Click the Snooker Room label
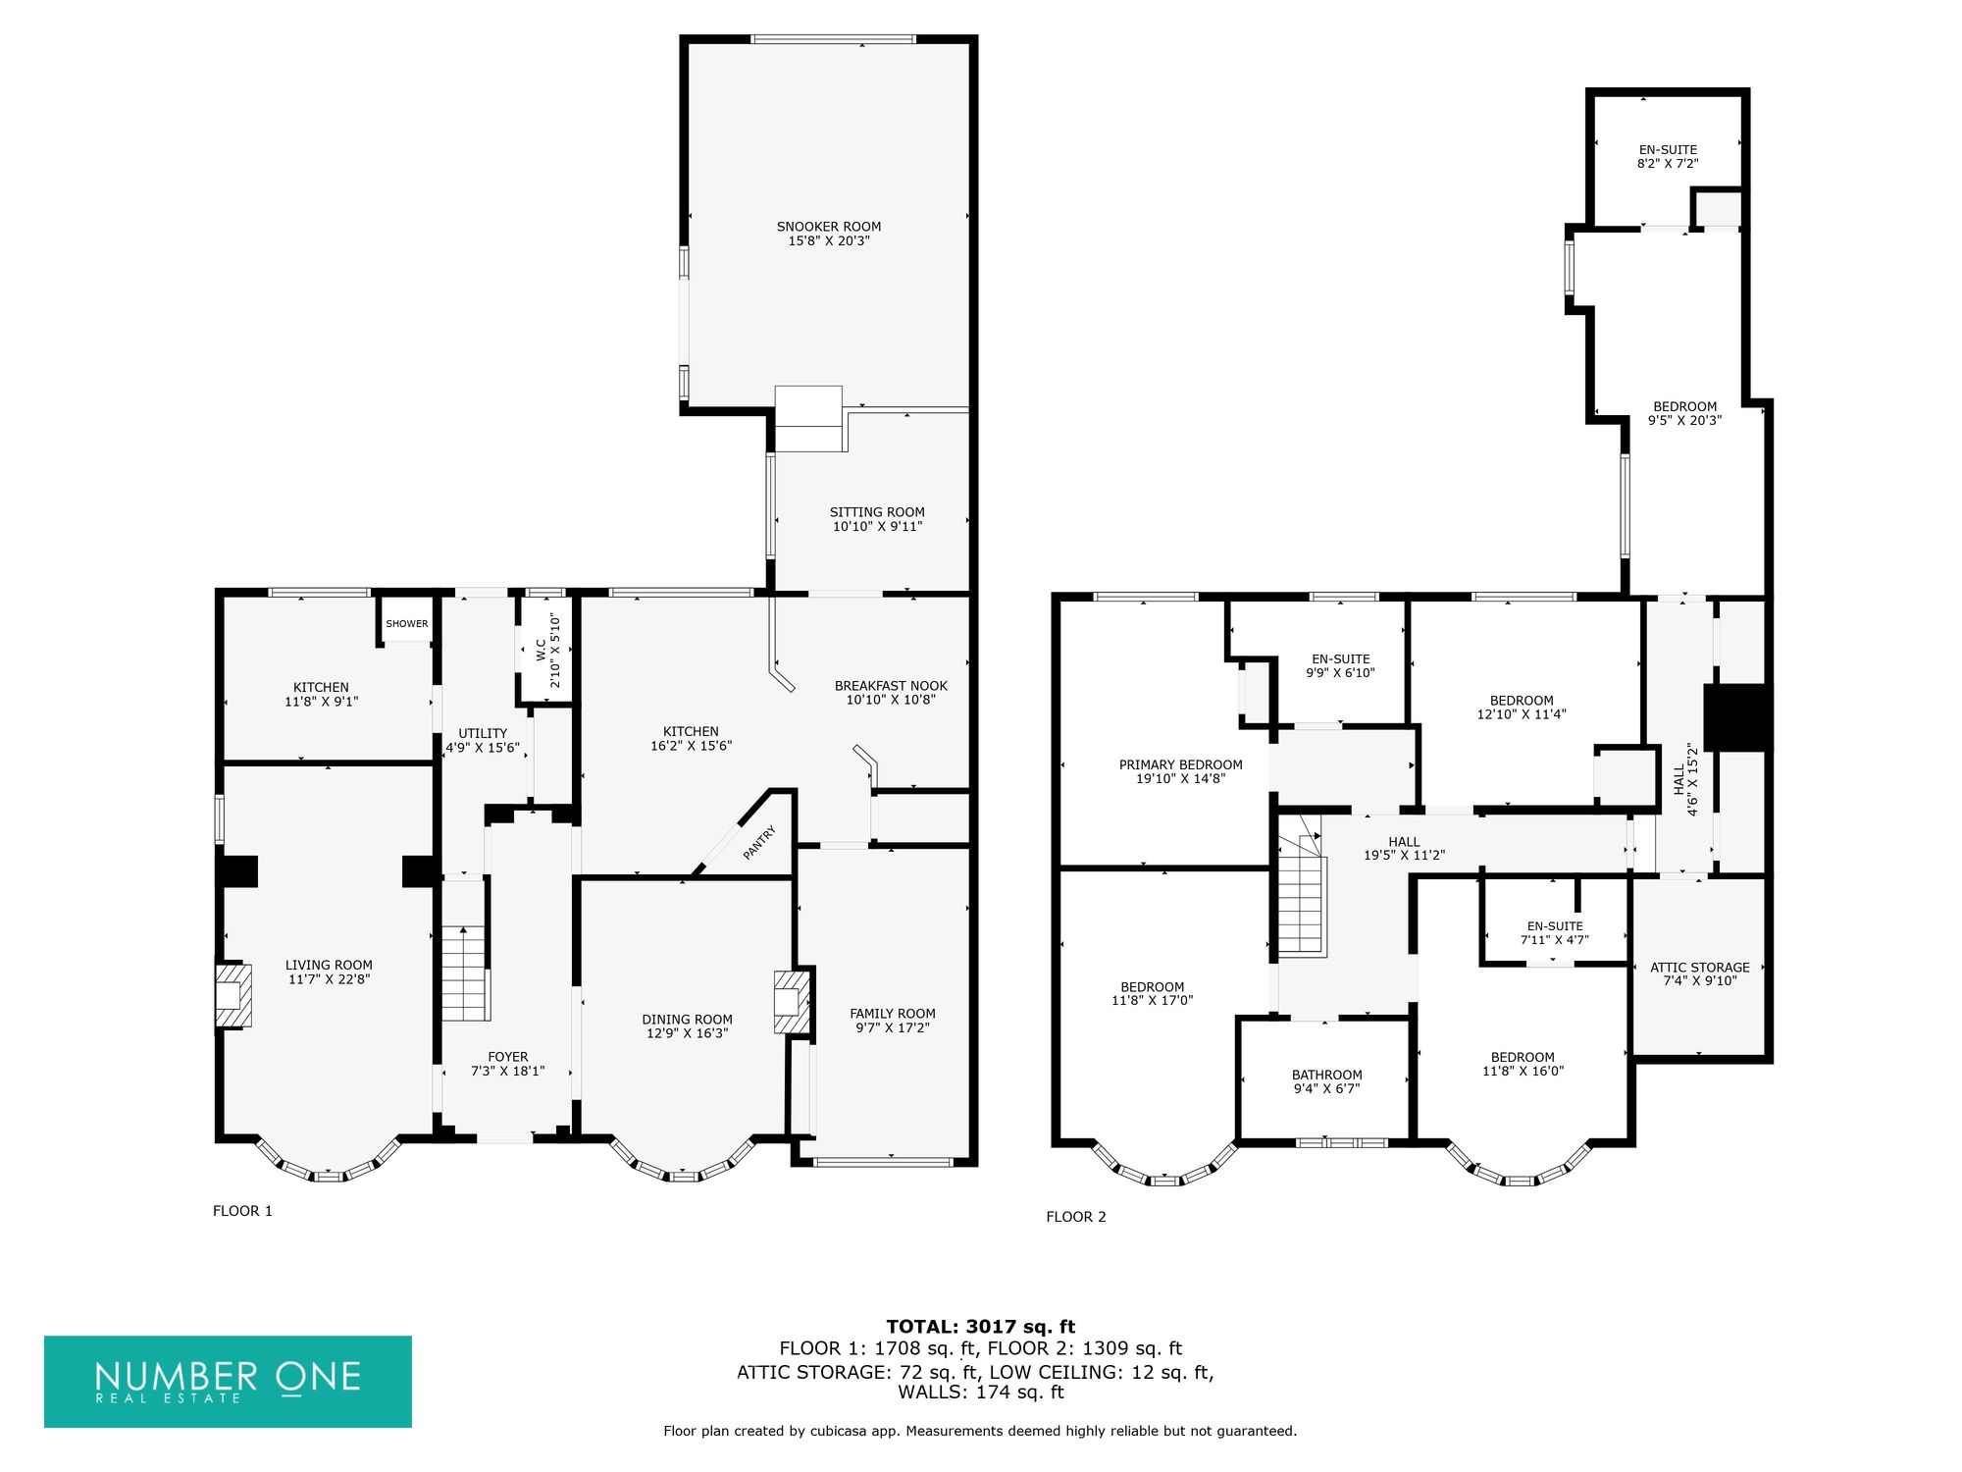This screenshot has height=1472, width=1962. coord(829,227)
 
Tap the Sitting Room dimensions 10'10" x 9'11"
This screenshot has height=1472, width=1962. coord(878,526)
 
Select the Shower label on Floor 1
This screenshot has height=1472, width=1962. coord(407,624)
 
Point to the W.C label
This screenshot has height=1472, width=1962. coord(541,649)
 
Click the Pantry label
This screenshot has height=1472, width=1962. coord(759,843)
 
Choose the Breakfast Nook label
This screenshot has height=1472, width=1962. coord(891,686)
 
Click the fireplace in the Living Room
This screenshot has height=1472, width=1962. coord(233,995)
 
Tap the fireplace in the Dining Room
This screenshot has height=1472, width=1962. coord(793,1001)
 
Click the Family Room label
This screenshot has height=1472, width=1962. coord(893,1014)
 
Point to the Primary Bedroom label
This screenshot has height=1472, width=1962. coord(1181,764)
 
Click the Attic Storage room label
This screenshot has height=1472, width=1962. coord(1700,967)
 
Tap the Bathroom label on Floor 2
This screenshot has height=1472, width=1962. coord(1326,1075)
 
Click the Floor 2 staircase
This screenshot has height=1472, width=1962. coord(1301,895)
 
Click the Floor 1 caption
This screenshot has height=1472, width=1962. coord(242,1211)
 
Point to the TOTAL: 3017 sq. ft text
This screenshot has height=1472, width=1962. coord(981,1327)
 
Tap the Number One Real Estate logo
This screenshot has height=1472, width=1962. coord(228,1381)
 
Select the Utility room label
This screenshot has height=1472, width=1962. coord(483,733)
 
